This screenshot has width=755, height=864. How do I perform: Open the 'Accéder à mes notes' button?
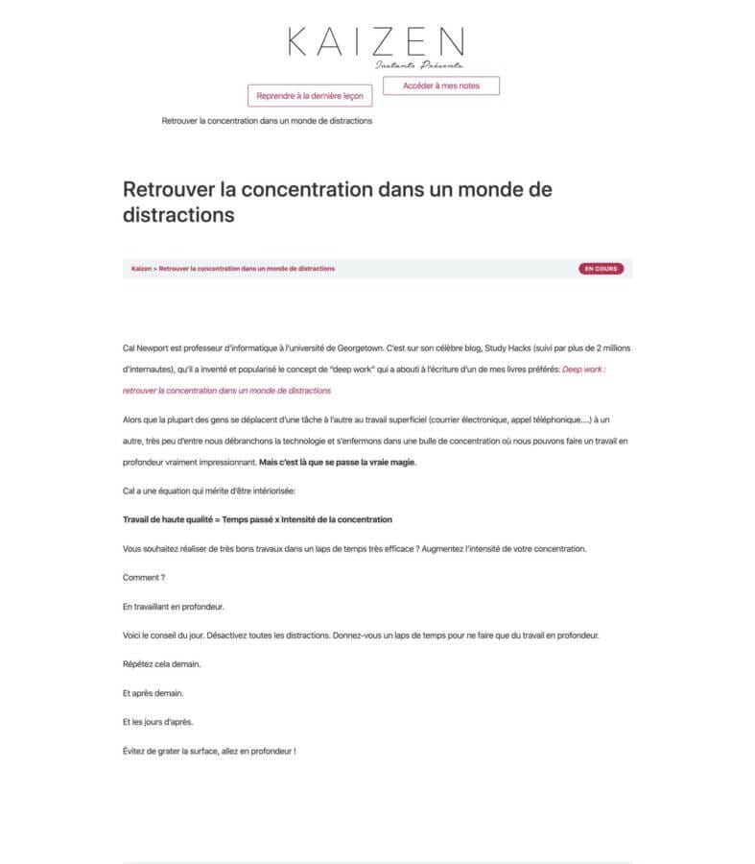[441, 85]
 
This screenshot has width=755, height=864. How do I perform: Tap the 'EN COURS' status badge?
[601, 269]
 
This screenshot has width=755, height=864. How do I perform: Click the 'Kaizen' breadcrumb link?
[141, 269]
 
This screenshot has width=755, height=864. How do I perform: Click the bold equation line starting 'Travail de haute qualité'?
[257, 519]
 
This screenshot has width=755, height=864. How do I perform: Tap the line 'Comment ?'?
[144, 577]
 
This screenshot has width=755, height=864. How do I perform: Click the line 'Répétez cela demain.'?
[161, 663]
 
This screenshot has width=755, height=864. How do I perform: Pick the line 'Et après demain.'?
[153, 692]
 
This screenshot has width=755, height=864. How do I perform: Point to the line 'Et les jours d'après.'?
[161, 721]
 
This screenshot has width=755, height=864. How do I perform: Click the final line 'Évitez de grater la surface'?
[209, 750]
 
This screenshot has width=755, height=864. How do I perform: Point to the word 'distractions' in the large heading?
[178, 215]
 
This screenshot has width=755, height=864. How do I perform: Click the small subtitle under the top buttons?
[267, 121]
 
